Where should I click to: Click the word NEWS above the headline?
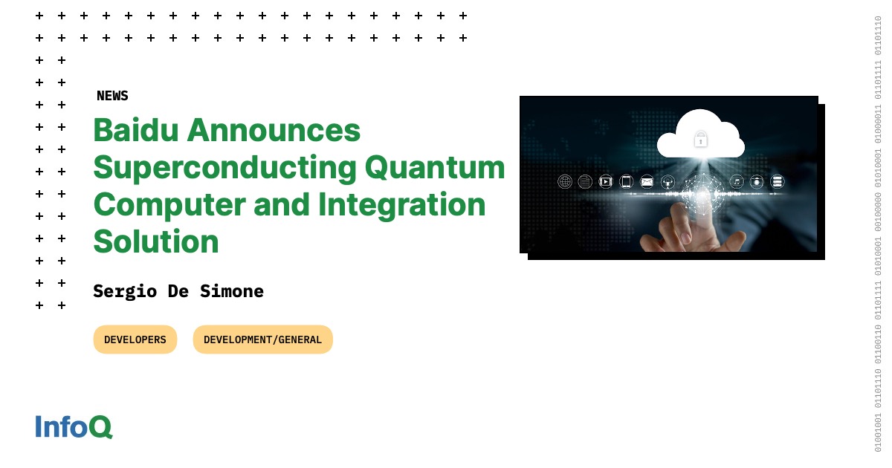tap(112, 96)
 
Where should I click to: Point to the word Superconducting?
tap(224, 168)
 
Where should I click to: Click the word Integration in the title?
tap(401, 205)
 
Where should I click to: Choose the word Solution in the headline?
tap(156, 242)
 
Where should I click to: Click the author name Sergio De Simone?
tap(178, 291)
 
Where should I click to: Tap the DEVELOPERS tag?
tap(135, 339)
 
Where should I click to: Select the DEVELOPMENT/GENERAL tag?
tap(262, 339)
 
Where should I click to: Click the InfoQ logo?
tap(74, 427)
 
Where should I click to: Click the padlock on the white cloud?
tap(700, 139)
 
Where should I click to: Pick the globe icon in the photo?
tap(565, 181)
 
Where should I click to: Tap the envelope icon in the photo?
tap(647, 181)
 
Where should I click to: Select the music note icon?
tap(737, 181)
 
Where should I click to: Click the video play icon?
tap(606, 181)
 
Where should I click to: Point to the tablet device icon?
tap(626, 181)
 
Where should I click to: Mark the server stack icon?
tap(778, 181)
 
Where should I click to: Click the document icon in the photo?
tap(585, 181)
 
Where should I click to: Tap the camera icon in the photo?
tap(757, 181)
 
